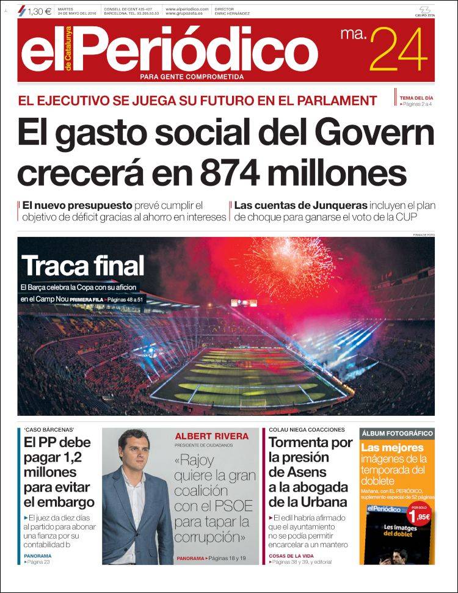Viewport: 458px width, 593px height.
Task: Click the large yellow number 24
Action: [398, 51]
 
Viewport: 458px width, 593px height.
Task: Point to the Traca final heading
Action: [83, 266]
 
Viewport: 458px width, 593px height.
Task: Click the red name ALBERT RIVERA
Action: [212, 436]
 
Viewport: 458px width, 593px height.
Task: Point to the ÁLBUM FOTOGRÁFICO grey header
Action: [397, 434]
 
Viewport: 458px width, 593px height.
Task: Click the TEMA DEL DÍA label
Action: [416, 98]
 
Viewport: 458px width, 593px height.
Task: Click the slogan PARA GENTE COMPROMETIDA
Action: [192, 77]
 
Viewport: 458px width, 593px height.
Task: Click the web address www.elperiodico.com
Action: [187, 9]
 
